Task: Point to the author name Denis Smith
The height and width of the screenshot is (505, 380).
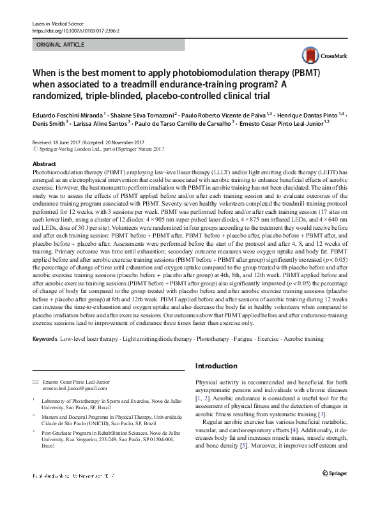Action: [49, 123]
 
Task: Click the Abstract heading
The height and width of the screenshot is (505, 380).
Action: [44, 164]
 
